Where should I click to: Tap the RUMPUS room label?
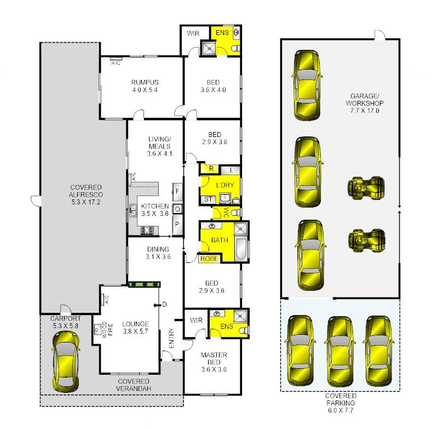point(145,82)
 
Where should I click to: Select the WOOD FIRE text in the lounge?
point(107,329)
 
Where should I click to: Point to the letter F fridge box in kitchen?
point(177,191)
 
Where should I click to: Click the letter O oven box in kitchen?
point(177,209)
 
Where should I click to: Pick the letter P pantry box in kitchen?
point(177,225)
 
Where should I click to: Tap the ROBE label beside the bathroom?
point(209,259)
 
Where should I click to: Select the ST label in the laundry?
point(208,199)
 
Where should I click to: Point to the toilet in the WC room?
point(236,213)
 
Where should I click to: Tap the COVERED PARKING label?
point(341,399)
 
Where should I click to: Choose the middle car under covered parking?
point(340,351)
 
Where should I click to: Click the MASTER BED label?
point(214,358)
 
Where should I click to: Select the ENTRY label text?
point(171,338)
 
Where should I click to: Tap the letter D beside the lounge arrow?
point(164,305)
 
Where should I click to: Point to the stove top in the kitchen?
point(147,230)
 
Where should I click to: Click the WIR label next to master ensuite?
point(196,321)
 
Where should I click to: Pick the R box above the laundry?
point(211,169)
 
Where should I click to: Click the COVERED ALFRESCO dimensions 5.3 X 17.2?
point(85,202)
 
